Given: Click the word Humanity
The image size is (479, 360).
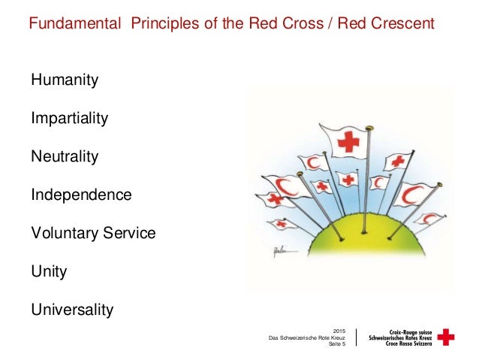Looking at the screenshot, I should (64, 79).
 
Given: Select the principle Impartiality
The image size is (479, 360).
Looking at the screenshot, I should (69, 118).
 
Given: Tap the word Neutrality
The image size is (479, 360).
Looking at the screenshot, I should (64, 156).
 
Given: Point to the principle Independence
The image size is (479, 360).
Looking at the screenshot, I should (80, 195).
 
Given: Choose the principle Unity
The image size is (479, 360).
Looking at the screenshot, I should (48, 271).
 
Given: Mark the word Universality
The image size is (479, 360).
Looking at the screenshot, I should (71, 309).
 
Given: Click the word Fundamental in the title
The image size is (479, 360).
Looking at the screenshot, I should (75, 23).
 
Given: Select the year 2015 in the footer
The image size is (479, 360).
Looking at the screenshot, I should (339, 331).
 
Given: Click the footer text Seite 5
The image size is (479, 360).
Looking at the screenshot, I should (336, 346).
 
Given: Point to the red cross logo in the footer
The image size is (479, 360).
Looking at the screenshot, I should (446, 337).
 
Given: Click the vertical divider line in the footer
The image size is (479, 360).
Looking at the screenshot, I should (355, 337).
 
